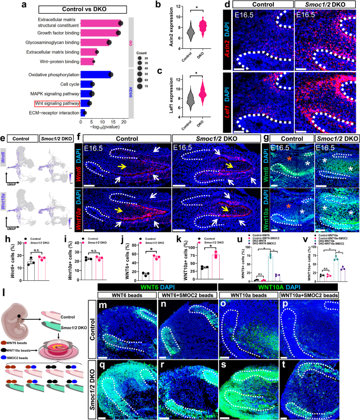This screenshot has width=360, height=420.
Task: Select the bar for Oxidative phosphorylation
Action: click(95, 75)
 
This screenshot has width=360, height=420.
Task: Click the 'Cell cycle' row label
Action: click(69, 84)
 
